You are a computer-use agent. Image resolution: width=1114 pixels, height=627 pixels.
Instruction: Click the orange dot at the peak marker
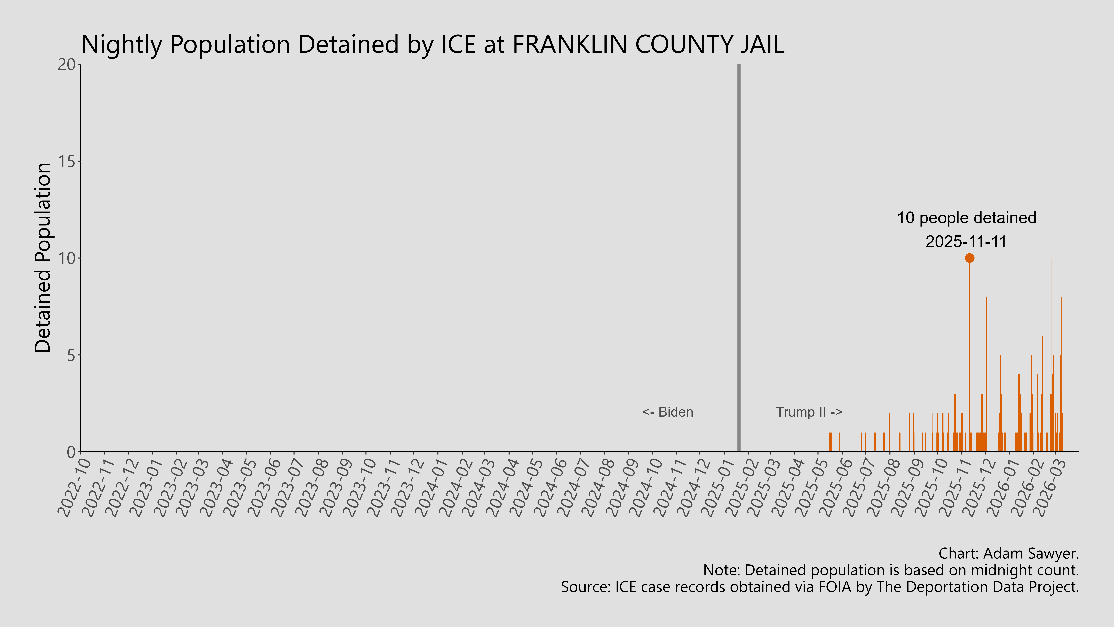[970, 258]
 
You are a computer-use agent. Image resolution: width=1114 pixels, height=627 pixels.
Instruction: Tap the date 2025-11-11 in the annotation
[966, 242]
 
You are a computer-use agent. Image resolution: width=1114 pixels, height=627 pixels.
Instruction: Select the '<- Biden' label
[668, 412]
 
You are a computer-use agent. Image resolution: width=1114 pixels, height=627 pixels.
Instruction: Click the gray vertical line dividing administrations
[739, 260]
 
